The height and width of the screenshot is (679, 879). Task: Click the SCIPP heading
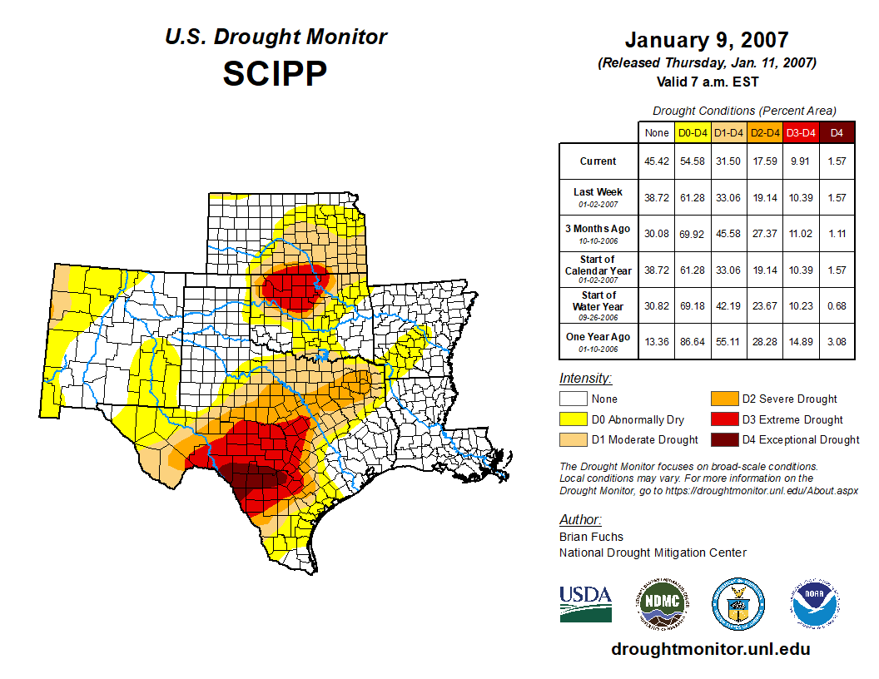tap(275, 74)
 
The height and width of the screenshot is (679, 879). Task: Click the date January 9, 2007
tap(706, 40)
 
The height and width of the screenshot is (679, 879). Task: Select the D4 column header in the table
tap(837, 133)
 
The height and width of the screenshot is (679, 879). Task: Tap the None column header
tap(656, 133)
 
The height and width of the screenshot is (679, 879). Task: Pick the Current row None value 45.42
tap(656, 161)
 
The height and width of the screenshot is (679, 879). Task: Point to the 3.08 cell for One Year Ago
tap(837, 341)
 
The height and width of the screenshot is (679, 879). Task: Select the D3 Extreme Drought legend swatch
tap(723, 419)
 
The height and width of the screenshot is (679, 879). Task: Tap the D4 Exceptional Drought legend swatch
tap(723, 439)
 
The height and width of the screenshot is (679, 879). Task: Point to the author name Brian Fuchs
tap(591, 537)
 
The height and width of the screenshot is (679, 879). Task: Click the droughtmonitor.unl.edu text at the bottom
tap(710, 649)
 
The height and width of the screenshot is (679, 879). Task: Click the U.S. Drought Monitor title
tap(276, 37)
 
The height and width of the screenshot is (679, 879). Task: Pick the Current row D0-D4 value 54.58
tap(693, 161)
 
